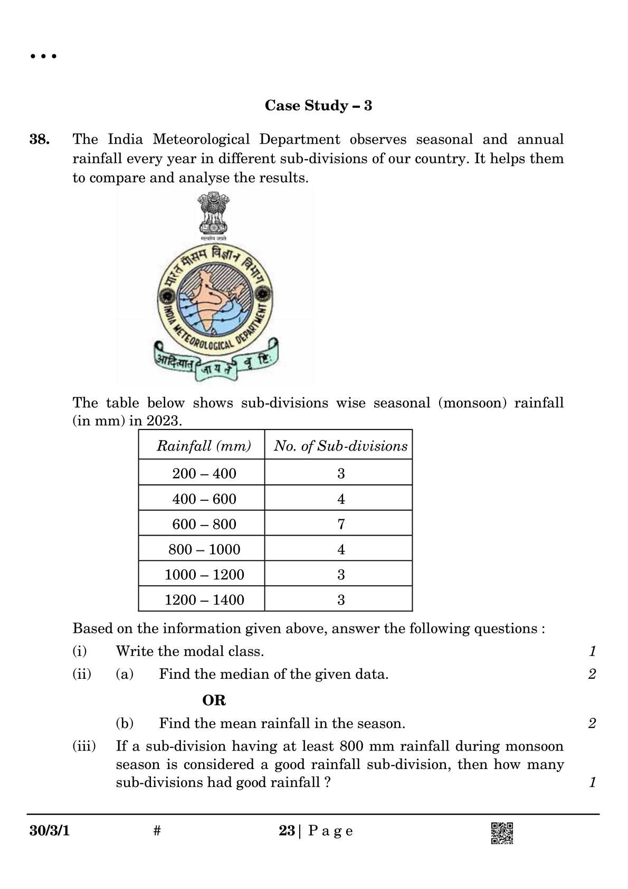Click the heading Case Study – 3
pyautogui.click(x=318, y=106)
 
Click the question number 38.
pyautogui.click(x=40, y=139)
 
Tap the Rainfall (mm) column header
pyautogui.click(x=204, y=446)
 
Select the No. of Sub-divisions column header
pyautogui.click(x=340, y=446)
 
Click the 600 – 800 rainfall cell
pyautogui.click(x=204, y=524)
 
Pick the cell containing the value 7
pyautogui.click(x=341, y=524)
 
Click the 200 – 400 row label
pyautogui.click(x=204, y=473)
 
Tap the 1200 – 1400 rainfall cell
pyautogui.click(x=204, y=600)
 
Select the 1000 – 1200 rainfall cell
pyautogui.click(x=204, y=574)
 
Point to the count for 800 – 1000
pyautogui.click(x=341, y=549)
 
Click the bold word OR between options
pyautogui.click(x=214, y=700)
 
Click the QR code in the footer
pyautogui.click(x=502, y=833)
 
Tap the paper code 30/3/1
pyautogui.click(x=50, y=831)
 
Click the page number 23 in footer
pyautogui.click(x=287, y=831)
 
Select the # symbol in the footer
pyautogui.click(x=157, y=831)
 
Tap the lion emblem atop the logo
pyautogui.click(x=213, y=214)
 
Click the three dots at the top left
pyautogui.click(x=43, y=56)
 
